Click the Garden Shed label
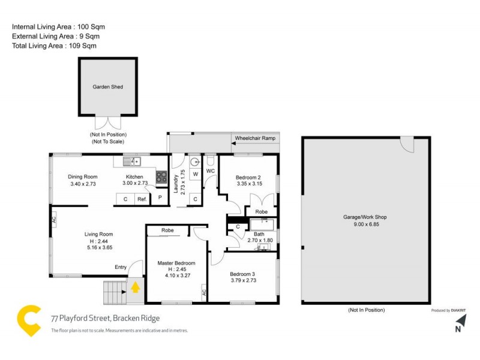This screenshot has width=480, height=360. [107, 87]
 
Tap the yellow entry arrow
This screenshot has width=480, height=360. [136, 287]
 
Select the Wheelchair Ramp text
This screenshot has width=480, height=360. [255, 139]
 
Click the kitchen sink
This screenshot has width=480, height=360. [132, 161]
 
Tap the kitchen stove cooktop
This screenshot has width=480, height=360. [161, 176]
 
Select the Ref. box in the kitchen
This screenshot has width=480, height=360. [142, 199]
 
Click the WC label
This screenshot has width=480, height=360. [211, 172]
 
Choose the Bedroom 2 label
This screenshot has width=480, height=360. [247, 178]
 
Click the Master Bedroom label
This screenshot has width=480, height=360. [176, 263]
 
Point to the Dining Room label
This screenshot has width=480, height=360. [83, 177]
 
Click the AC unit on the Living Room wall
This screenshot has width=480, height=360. [53, 220]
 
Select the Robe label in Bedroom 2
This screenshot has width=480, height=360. [261, 212]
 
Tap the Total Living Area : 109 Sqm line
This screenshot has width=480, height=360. [54, 46]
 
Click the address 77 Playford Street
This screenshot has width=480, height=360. [106, 319]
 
